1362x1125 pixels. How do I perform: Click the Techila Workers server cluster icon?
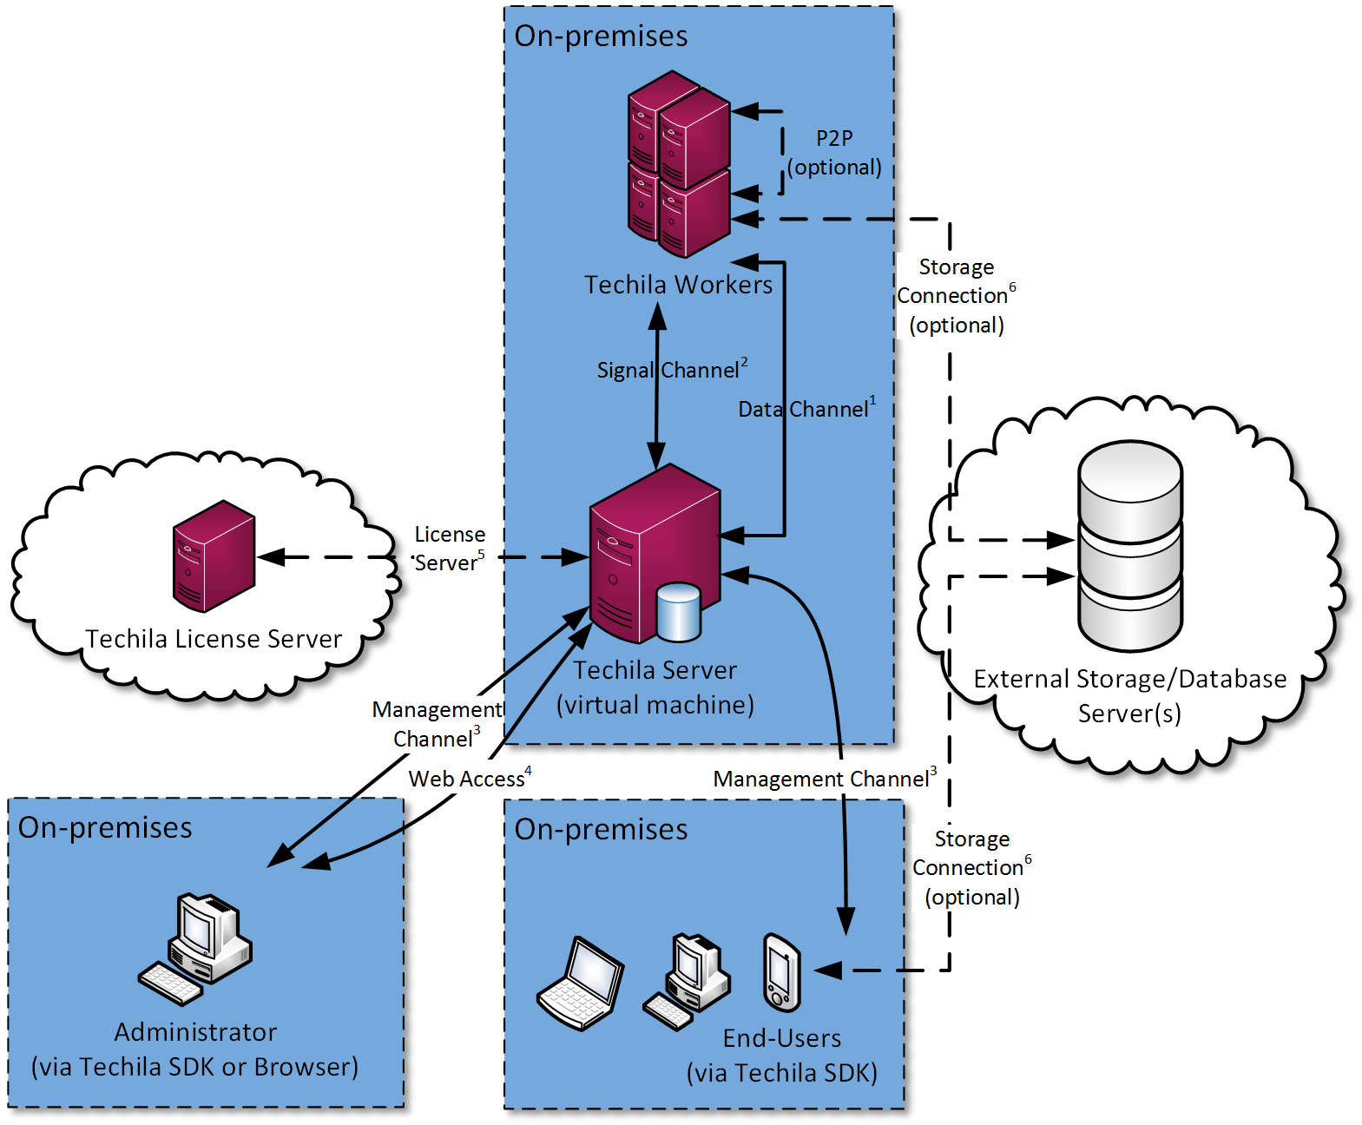[679, 165]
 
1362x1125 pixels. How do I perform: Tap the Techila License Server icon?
[214, 556]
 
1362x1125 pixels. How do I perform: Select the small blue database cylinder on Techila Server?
[678, 612]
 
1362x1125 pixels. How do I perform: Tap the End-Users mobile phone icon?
[781, 972]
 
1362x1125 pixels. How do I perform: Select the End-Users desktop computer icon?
[687, 981]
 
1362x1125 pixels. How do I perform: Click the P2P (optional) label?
[834, 153]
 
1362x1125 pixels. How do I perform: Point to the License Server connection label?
[449, 549]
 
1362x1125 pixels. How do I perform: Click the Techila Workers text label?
[678, 285]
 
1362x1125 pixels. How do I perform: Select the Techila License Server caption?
[214, 639]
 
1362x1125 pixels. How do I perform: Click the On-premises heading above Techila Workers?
[601, 36]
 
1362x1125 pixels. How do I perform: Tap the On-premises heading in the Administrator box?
[105, 828]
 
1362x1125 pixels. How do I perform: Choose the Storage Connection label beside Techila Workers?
[956, 296]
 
